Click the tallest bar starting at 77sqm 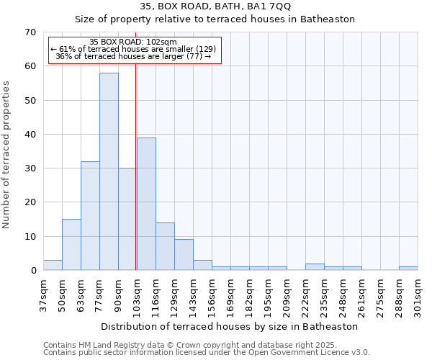109,171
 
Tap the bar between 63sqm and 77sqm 90,216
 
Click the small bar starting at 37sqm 53,265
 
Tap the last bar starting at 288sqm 408,269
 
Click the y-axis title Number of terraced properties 6,155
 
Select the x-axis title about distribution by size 229,326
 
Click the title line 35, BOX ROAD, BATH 216,6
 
